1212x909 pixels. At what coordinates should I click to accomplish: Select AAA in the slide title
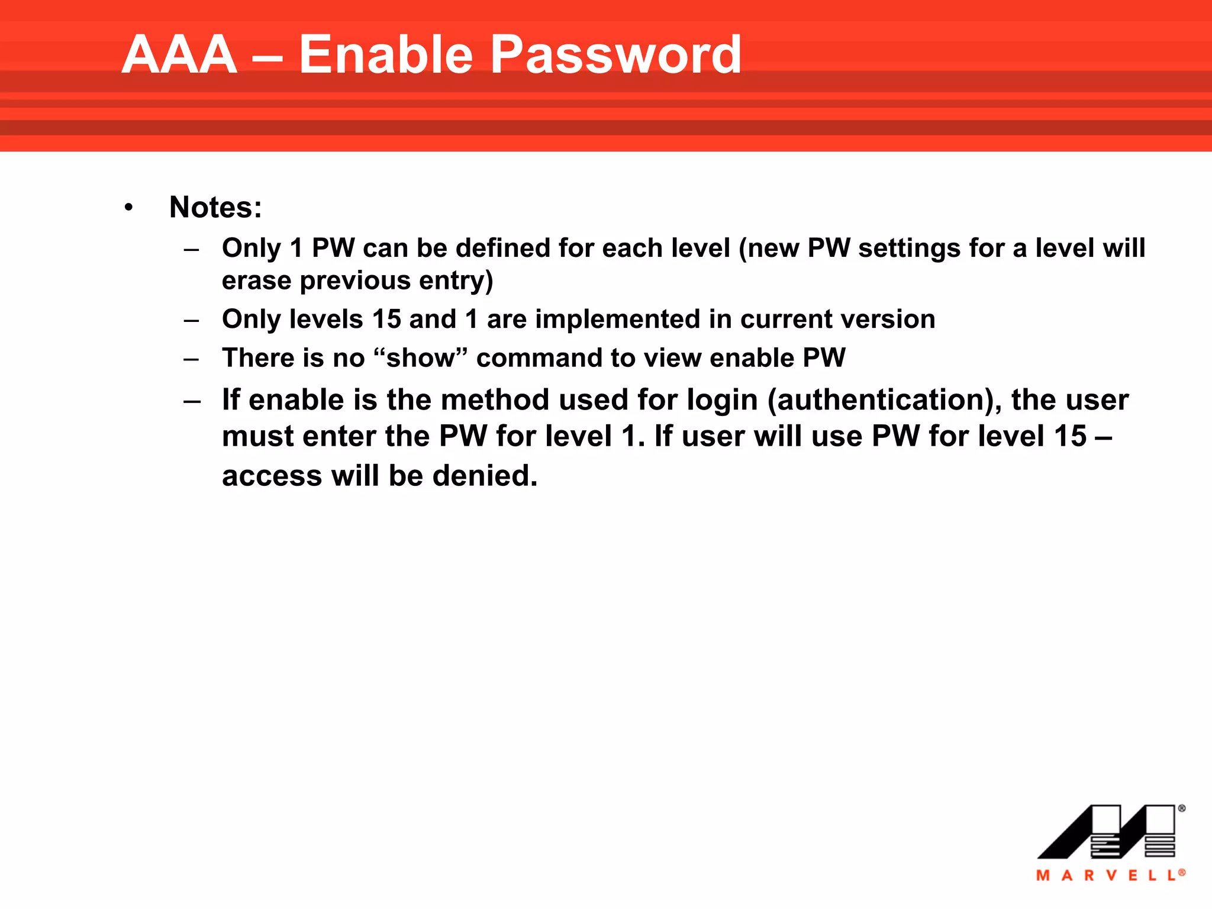click(x=179, y=54)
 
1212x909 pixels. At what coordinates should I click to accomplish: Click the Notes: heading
click(x=215, y=208)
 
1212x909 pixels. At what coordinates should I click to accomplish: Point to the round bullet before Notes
click(x=128, y=208)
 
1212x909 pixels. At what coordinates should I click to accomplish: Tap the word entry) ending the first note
click(x=456, y=281)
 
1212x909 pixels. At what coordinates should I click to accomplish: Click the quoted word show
click(x=421, y=358)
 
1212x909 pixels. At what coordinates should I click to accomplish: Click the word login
click(x=722, y=400)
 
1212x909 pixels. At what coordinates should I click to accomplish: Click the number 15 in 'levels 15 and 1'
click(x=386, y=320)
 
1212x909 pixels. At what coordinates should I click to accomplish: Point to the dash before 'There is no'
click(x=191, y=359)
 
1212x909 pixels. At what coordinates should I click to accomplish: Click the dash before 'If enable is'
click(x=192, y=401)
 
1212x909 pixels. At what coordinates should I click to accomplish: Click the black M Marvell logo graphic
click(x=1107, y=831)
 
